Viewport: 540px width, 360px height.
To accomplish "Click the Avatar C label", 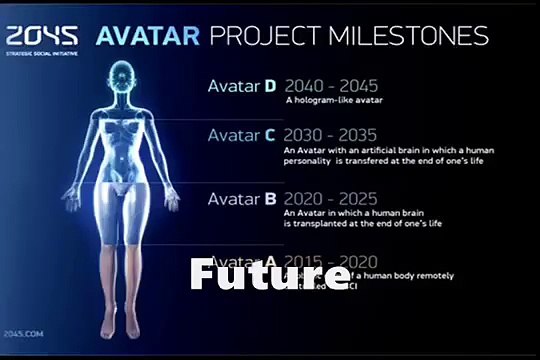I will pos(241,135).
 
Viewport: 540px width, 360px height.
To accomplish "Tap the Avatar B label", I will pos(241,198).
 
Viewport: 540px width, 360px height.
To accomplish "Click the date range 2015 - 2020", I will pos(326,260).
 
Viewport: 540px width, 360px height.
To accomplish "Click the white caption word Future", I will pos(256,274).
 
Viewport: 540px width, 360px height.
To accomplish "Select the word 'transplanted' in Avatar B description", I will pos(321,223).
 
